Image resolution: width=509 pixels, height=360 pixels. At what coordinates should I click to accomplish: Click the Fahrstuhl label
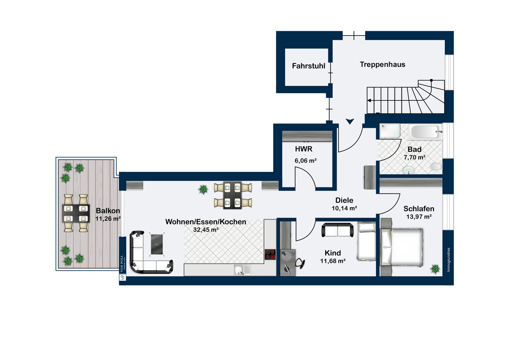[x=308, y=66]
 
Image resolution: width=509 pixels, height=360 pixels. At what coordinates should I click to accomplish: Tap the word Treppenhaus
[x=382, y=65]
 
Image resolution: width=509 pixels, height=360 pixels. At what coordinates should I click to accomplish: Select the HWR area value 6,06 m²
[x=306, y=161]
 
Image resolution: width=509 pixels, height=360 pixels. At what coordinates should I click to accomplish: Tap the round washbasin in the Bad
[x=409, y=170]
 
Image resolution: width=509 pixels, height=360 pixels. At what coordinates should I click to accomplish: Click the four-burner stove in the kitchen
[x=270, y=254]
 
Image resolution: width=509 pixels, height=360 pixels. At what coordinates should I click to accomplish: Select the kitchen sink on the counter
[x=243, y=270]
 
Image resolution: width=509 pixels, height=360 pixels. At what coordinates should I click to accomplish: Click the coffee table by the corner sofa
[x=157, y=245]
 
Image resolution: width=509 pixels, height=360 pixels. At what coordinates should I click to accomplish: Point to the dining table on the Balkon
[x=76, y=213]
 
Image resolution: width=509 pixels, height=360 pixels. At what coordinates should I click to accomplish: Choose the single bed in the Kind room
[x=366, y=241]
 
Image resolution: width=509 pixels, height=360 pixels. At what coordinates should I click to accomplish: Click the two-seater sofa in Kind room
[x=337, y=230]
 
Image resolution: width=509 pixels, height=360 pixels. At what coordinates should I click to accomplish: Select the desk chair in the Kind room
[x=300, y=264]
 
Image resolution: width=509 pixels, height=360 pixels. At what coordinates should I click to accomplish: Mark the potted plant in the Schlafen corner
[x=435, y=269]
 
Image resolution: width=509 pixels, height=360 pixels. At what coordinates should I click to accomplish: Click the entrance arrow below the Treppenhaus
[x=350, y=121]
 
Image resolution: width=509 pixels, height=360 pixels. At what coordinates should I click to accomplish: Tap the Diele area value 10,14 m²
[x=344, y=208]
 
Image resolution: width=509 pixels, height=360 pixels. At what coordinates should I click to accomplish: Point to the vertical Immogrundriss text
[x=448, y=260]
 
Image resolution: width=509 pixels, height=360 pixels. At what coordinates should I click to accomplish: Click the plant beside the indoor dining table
[x=203, y=190]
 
